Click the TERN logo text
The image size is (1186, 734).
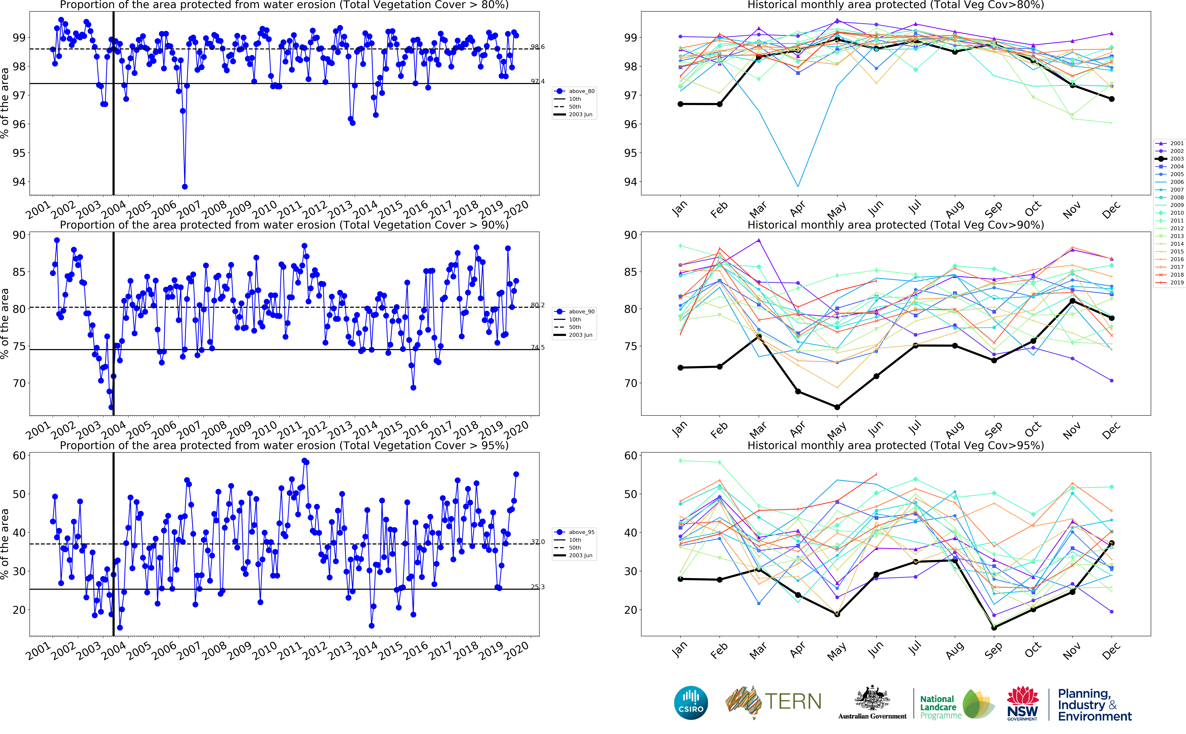coord(793,701)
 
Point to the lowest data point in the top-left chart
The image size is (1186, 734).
coord(185,186)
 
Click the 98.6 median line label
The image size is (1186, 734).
coord(537,47)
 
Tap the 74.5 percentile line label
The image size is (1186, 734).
coord(537,348)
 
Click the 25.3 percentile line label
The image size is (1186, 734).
coord(537,587)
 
